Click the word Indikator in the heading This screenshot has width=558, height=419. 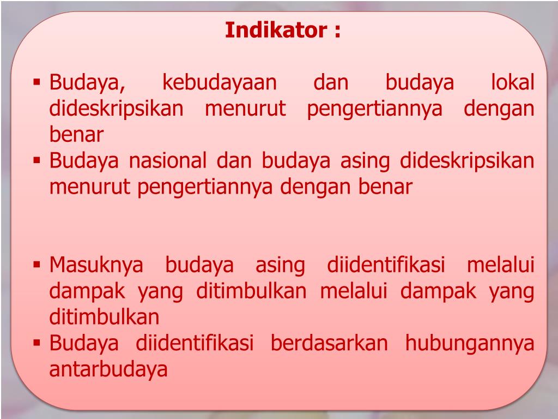tap(275, 30)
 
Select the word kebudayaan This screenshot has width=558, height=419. tap(220, 83)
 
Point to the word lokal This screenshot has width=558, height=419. tap(512, 83)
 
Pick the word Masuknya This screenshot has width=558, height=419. tap(96, 266)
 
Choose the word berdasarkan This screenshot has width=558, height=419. tap(329, 344)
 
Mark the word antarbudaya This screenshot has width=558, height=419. tap(108, 369)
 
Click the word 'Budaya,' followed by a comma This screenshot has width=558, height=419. tap(88, 83)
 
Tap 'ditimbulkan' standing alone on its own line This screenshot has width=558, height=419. tap(105, 317)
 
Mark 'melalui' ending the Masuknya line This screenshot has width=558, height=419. tap(501, 266)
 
